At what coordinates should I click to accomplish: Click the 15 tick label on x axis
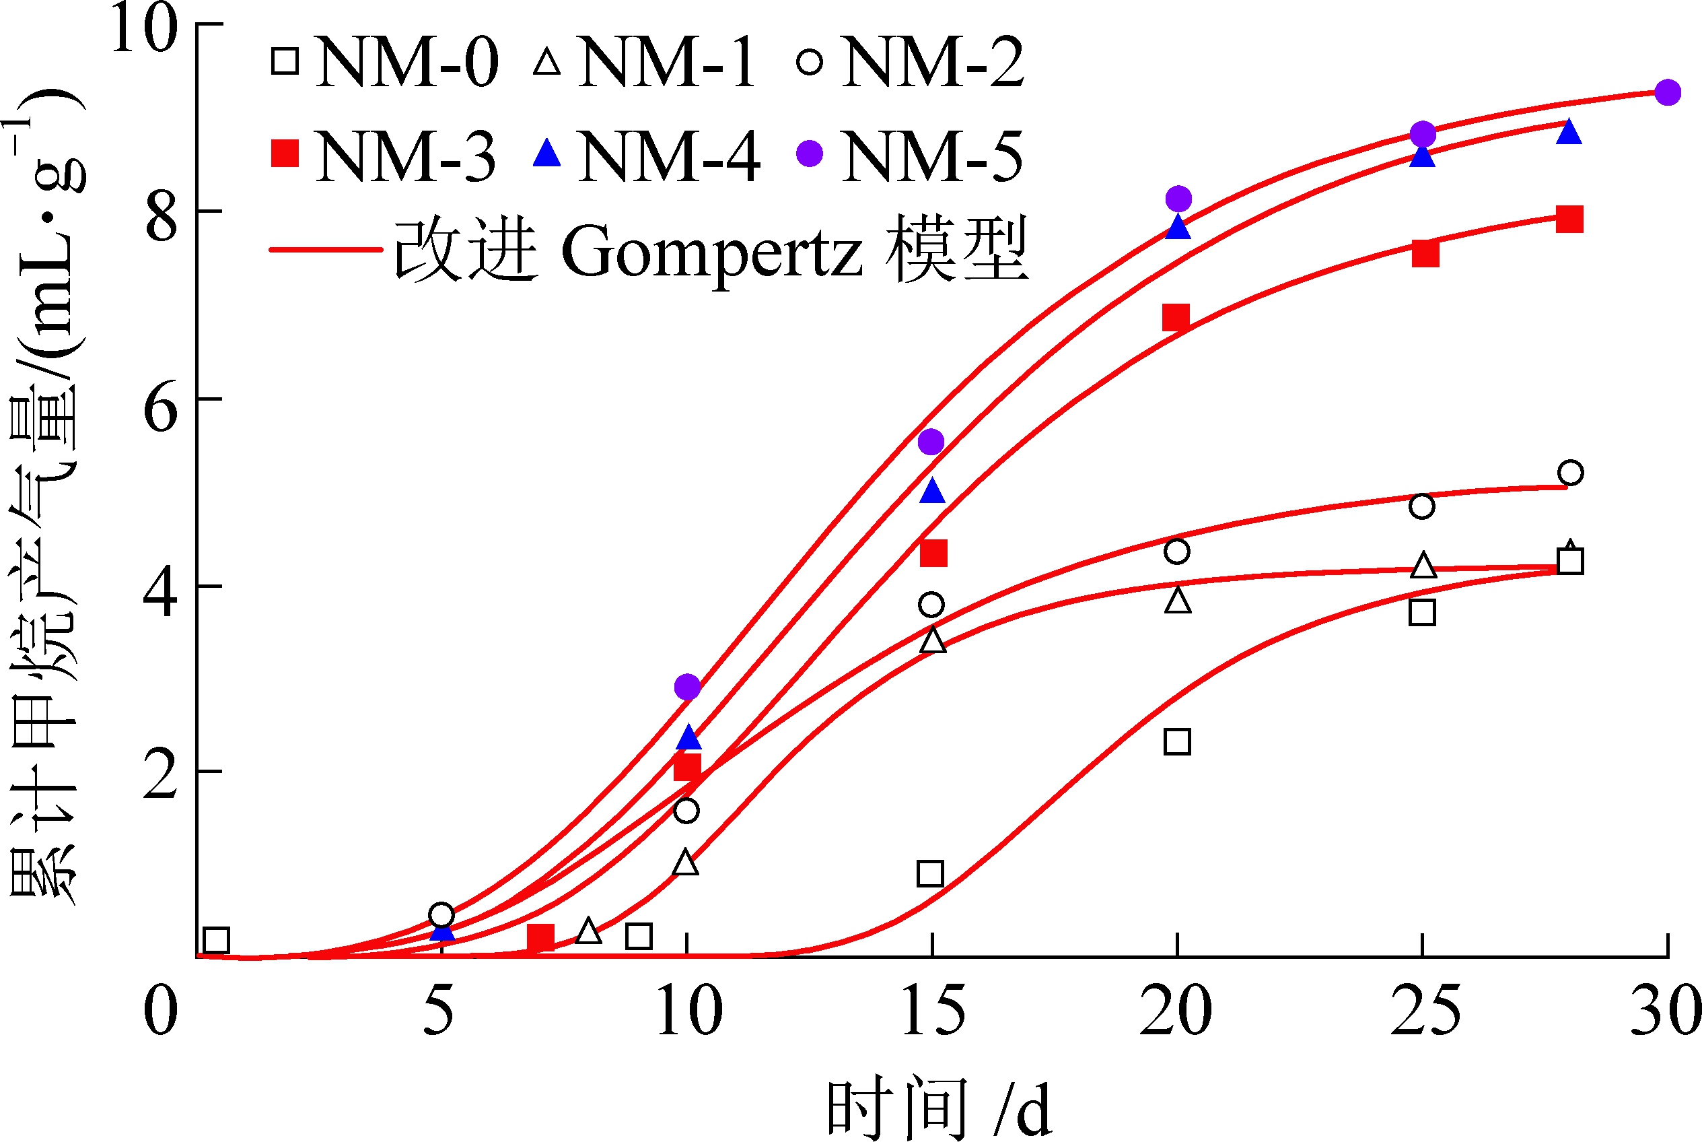(x=933, y=1011)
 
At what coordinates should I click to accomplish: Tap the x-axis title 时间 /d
(x=939, y=1107)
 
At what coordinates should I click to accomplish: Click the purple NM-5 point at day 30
(x=1668, y=92)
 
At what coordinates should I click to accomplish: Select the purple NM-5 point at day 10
(x=687, y=686)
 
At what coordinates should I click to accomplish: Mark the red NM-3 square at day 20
(x=1176, y=318)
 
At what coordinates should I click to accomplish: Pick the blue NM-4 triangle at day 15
(x=933, y=492)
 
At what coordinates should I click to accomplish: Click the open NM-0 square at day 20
(x=1177, y=741)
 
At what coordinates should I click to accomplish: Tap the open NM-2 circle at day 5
(x=442, y=914)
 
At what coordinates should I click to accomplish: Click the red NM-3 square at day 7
(x=541, y=937)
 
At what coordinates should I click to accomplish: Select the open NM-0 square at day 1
(x=216, y=940)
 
